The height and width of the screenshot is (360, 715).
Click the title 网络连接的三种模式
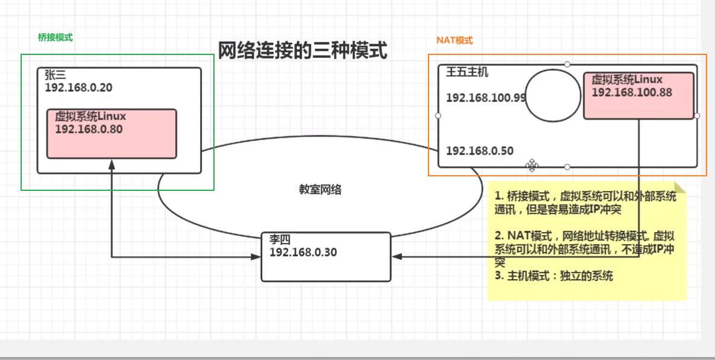tap(302, 50)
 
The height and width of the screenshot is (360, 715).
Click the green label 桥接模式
tap(55, 37)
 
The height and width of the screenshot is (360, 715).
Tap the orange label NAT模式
tap(455, 40)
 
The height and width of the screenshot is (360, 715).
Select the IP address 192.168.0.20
tap(79, 88)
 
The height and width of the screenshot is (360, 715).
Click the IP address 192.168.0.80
tap(89, 129)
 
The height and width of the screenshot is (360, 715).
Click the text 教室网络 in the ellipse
tap(320, 190)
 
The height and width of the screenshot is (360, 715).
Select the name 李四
tap(279, 240)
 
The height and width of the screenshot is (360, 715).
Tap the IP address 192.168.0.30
tap(303, 252)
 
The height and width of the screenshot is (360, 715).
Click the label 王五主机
tap(467, 73)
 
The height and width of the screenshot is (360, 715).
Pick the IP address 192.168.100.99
tap(486, 98)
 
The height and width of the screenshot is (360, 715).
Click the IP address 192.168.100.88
tap(632, 92)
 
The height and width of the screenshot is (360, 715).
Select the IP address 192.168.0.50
tap(480, 150)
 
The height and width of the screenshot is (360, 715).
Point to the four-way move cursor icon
tap(532, 165)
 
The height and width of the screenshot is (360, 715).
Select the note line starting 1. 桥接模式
tap(585, 196)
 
